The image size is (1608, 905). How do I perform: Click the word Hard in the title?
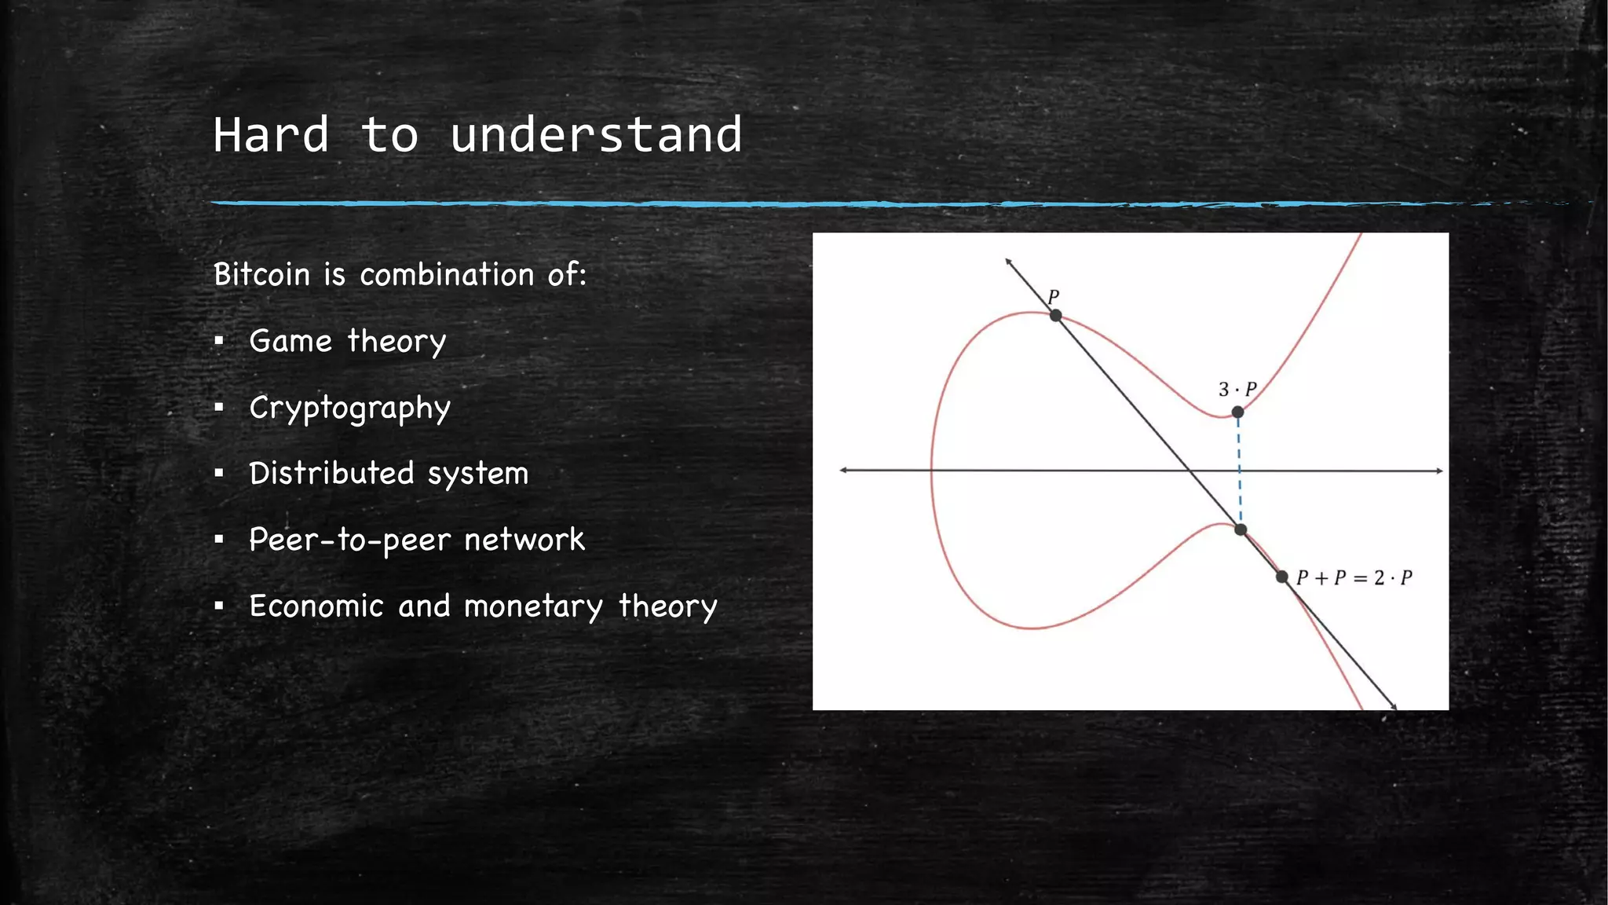pyautogui.click(x=271, y=134)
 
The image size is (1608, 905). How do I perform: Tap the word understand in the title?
pyautogui.click(x=596, y=134)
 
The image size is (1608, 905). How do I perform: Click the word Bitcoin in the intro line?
pyautogui.click(x=262, y=275)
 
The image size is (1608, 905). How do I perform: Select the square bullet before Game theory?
pyautogui.click(x=219, y=342)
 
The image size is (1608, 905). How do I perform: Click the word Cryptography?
pyautogui.click(x=349, y=409)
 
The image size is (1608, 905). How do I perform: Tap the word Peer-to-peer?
pyautogui.click(x=349, y=540)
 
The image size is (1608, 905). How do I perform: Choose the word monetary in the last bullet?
pyautogui.click(x=534, y=606)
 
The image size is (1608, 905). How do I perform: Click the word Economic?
pyautogui.click(x=316, y=606)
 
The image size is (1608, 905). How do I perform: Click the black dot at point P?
pyautogui.click(x=1056, y=316)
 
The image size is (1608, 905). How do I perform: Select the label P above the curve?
pyautogui.click(x=1054, y=297)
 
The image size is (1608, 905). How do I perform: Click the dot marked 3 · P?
pyautogui.click(x=1237, y=412)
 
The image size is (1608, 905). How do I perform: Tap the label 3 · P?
pyautogui.click(x=1237, y=390)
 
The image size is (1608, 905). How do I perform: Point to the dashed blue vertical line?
pyautogui.click(x=1239, y=471)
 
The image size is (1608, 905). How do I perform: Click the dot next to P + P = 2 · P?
pyautogui.click(x=1282, y=577)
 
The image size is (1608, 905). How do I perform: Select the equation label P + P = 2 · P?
pyautogui.click(x=1354, y=578)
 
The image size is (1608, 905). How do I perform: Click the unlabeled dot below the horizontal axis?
pyautogui.click(x=1241, y=530)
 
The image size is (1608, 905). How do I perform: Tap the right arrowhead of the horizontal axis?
pyautogui.click(x=1439, y=471)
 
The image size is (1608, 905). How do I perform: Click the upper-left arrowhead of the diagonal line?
pyautogui.click(x=1008, y=262)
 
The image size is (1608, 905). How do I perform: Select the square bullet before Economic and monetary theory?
pyautogui.click(x=219, y=606)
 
